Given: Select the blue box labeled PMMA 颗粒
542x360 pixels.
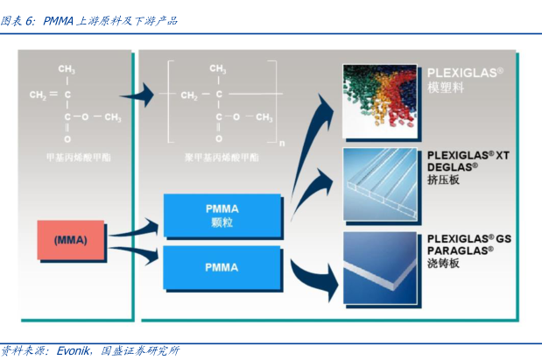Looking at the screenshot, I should click(x=222, y=215).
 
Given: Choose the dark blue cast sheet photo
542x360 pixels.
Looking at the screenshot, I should click(x=379, y=265).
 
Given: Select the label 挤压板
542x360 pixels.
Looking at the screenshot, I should click(x=443, y=180).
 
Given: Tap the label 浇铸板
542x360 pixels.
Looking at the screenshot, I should click(x=443, y=262).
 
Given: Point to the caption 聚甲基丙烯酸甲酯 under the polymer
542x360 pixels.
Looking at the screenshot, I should click(x=222, y=158).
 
